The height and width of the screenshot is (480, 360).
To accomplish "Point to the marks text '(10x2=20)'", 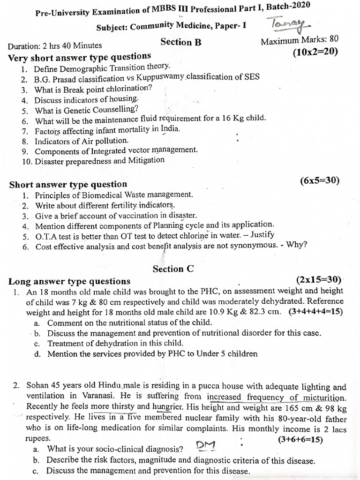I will click(315, 52).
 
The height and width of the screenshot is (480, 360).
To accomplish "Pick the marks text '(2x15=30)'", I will click(319, 280).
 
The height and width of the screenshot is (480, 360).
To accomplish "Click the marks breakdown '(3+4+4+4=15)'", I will click(316, 311).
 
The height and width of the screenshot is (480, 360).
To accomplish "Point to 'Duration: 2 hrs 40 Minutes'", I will click(55, 45).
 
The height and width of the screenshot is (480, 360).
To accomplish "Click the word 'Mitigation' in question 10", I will click(146, 160).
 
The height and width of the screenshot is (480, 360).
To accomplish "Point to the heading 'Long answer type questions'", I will click(69, 281).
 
